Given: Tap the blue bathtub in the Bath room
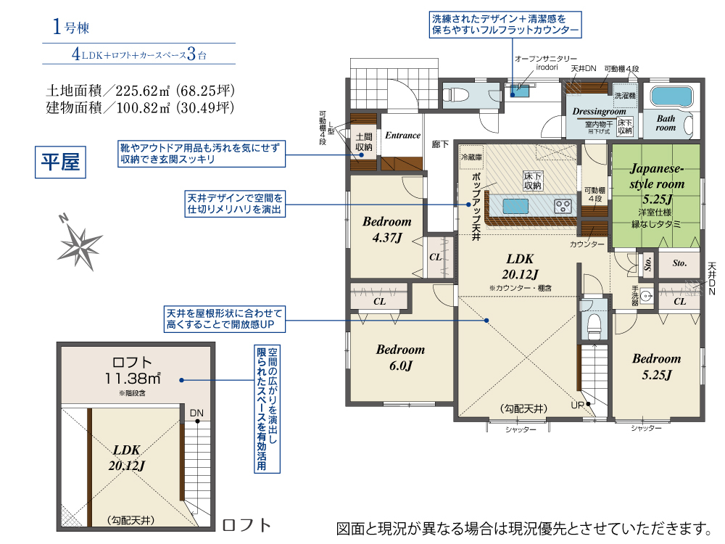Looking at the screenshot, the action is point(671,96).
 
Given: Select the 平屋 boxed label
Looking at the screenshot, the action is point(61,162).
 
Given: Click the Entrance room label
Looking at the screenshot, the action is point(402,136).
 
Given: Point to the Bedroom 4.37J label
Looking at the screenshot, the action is point(387,229).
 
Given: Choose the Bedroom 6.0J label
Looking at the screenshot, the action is point(400,358).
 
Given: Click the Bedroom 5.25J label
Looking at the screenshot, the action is point(657,367).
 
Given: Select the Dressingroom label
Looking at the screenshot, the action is point(599,112).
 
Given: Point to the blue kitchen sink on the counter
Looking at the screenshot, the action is point(515,206).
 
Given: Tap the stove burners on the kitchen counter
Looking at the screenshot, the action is point(563,206).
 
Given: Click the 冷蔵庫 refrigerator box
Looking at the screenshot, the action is point(471,157).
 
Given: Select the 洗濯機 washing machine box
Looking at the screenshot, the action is point(625,96).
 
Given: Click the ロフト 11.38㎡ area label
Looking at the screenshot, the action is point(132,371).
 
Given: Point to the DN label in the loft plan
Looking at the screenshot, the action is point(196,413).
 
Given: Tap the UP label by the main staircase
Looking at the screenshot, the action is point(578,405).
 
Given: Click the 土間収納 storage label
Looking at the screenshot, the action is point(364,142).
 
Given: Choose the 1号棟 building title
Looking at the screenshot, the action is point(71,26).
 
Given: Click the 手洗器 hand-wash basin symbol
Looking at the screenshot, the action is point(647,296).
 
